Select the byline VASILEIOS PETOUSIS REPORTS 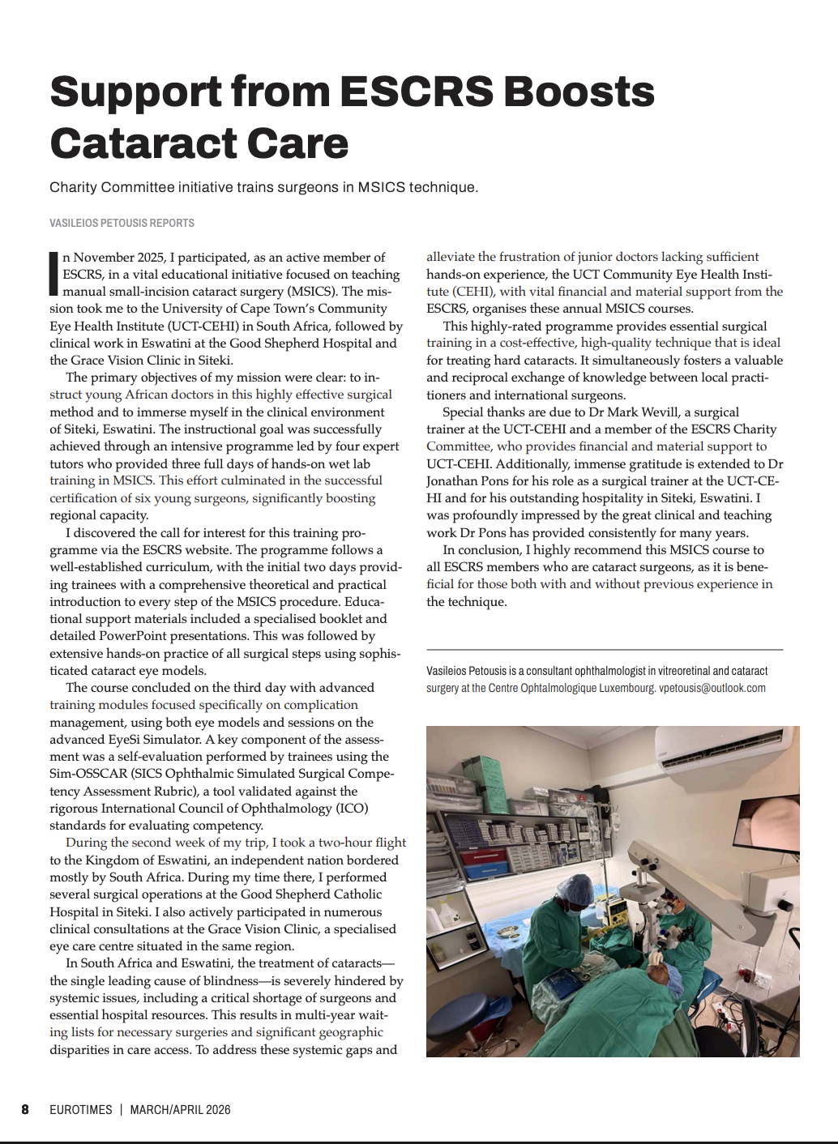click(x=122, y=223)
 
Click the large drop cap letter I click(x=54, y=273)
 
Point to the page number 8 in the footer click(x=25, y=1110)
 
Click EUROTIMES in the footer click(x=81, y=1110)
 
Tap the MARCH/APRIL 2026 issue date click(x=180, y=1110)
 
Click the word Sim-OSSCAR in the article click(x=83, y=774)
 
